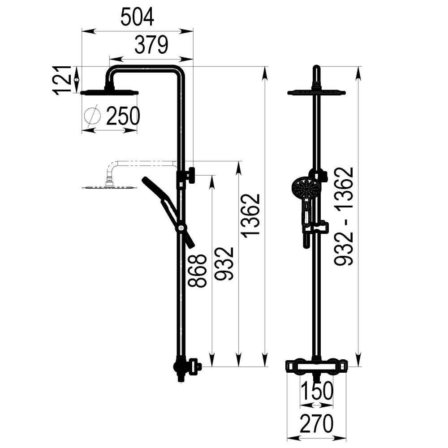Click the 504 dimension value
137,17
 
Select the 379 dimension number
151,45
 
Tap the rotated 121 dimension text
62,80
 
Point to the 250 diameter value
123,116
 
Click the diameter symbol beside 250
93,116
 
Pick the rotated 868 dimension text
197,270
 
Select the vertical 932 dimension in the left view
224,264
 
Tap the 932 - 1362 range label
344,216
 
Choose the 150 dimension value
317,391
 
